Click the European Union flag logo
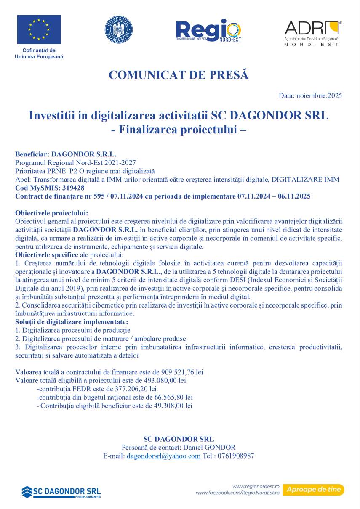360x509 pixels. (x=39, y=29)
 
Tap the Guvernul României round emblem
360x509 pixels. (x=118, y=30)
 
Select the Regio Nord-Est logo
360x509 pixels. (x=208, y=30)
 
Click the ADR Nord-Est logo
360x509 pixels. (x=313, y=32)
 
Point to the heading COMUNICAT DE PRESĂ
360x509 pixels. (x=179, y=75)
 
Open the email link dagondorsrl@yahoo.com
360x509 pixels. (x=163, y=456)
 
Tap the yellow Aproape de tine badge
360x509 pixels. (x=313, y=490)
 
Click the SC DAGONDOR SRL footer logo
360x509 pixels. (x=61, y=492)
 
